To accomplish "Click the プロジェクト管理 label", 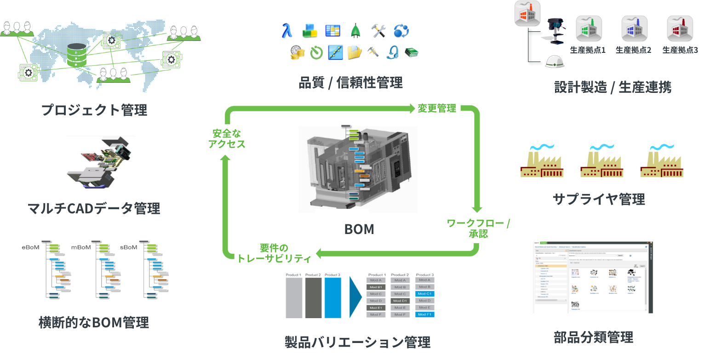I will (95, 110).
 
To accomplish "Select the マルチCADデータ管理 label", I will (95, 209).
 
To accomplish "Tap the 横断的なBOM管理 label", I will (94, 323).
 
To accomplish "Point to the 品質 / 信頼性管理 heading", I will (351, 83).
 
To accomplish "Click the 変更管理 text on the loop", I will (437, 109).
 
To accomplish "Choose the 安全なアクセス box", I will (227, 139).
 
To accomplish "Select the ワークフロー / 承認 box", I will (479, 229).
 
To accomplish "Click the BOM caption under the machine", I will (359, 229).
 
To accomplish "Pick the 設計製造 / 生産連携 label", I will (613, 87).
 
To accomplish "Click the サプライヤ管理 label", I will (599, 200).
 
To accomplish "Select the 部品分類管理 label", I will (594, 337).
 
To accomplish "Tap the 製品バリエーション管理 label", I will (358, 343).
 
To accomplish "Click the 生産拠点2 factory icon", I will (635, 30).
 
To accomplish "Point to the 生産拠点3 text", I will (680, 51).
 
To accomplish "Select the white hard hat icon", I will (554, 61).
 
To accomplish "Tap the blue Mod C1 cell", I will (424, 294).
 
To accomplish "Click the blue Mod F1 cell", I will (424, 314).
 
